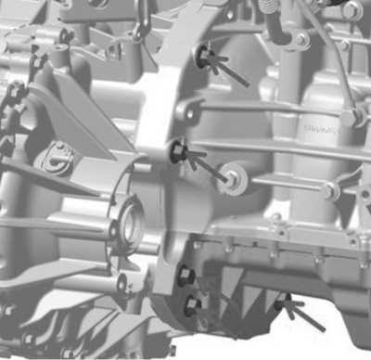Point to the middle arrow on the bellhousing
(205, 162)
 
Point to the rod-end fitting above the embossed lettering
(350, 116)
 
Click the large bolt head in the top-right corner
(352, 11)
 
